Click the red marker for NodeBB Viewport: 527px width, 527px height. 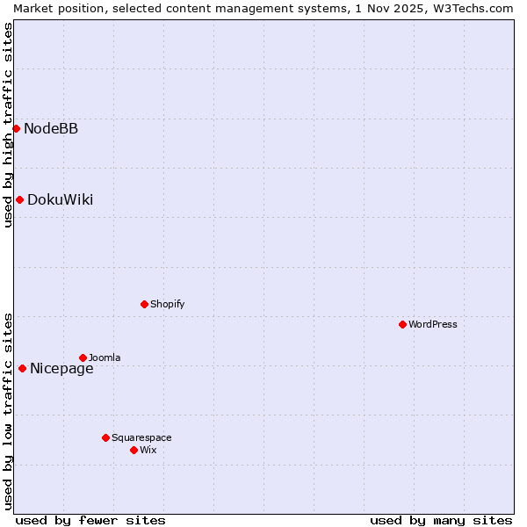[x=16, y=128]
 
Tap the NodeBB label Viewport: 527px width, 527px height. [x=51, y=129]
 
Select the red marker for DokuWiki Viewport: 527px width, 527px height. [x=19, y=199]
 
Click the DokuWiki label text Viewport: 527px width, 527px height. [x=60, y=200]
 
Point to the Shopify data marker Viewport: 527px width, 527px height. [x=144, y=304]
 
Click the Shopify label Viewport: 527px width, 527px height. [x=167, y=305]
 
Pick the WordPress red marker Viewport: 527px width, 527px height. [x=402, y=324]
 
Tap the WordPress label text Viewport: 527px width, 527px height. [x=432, y=325]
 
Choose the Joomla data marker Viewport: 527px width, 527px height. [x=83, y=357]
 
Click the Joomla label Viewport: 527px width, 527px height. [x=105, y=358]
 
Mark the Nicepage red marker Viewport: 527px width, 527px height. [x=22, y=368]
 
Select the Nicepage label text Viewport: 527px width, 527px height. [x=61, y=369]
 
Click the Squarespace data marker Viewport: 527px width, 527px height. [x=105, y=437]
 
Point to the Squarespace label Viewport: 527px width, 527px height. [x=141, y=438]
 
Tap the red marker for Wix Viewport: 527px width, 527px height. [x=134, y=450]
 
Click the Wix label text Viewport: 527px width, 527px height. [x=148, y=451]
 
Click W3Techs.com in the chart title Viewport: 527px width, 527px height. [x=478, y=8]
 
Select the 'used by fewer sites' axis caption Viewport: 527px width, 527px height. [x=90, y=520]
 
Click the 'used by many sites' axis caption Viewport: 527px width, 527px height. [x=441, y=520]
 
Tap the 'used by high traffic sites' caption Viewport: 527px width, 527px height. [x=8, y=125]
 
